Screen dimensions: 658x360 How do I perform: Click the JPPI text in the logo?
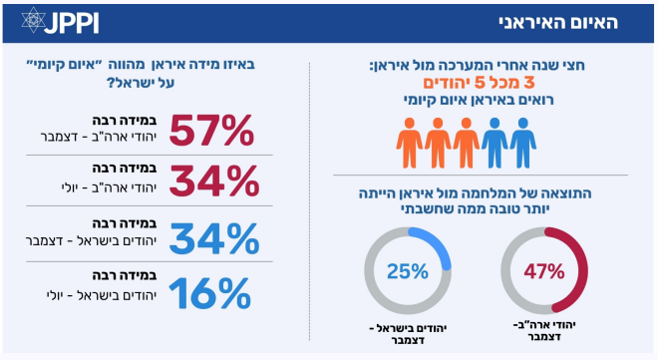(72, 23)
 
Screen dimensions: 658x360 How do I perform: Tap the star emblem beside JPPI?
(33, 20)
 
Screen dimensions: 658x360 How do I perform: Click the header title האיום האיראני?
(558, 22)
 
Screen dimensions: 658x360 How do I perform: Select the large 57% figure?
(211, 130)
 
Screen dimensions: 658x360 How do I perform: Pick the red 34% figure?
(214, 180)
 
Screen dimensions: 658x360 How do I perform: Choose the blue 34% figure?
(214, 238)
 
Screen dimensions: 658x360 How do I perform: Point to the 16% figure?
(209, 293)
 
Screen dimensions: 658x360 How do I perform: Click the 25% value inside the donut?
(408, 271)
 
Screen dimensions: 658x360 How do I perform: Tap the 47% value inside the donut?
(544, 271)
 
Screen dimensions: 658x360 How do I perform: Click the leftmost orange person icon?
(409, 143)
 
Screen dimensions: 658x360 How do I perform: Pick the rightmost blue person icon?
(522, 143)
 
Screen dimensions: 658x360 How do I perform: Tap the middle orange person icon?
(438, 143)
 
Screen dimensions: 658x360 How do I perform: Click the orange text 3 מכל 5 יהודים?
(479, 83)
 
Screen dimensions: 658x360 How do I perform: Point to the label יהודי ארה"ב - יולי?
(109, 187)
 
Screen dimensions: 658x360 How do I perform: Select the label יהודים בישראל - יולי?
(101, 295)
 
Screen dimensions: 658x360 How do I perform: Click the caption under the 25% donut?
(408, 334)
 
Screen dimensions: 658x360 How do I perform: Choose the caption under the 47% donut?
(544, 331)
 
